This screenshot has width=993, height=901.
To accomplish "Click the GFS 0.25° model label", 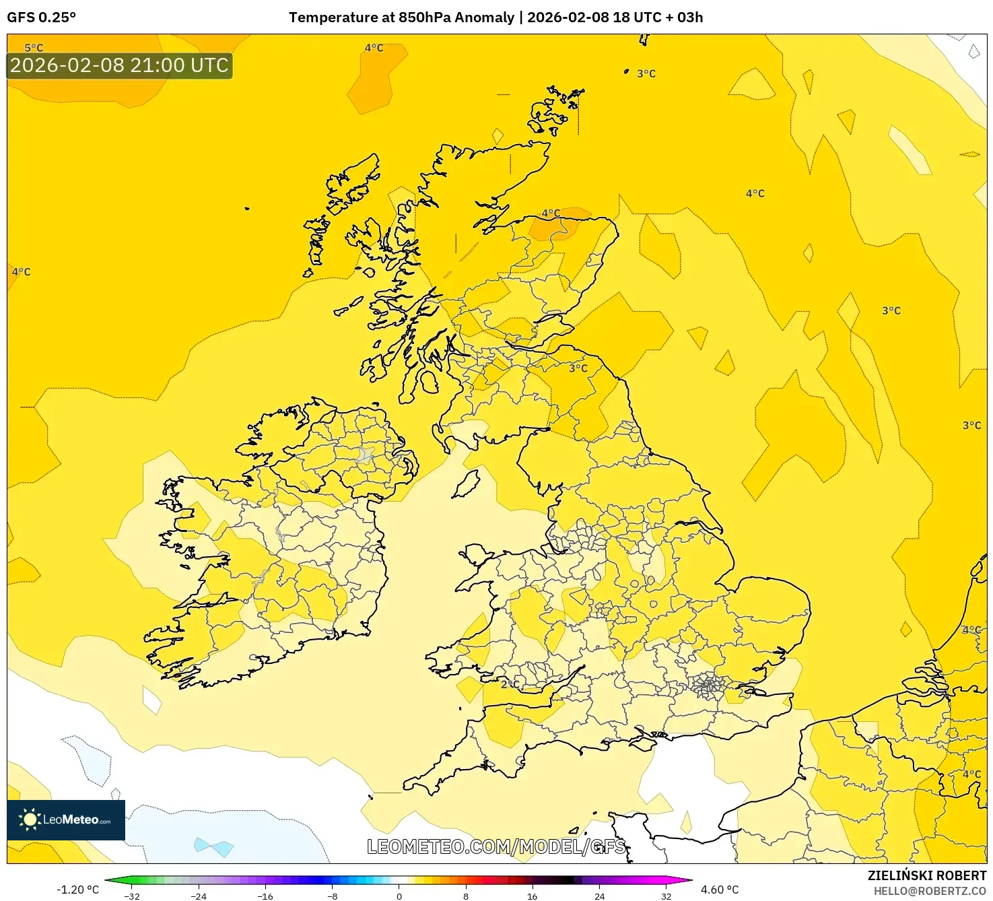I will (41, 18).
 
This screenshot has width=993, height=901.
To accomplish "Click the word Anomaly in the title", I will (485, 18).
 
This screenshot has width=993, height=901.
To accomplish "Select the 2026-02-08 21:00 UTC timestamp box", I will (119, 65).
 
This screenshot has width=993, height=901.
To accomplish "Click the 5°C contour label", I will (34, 48).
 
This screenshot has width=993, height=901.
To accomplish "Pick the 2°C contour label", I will (510, 684).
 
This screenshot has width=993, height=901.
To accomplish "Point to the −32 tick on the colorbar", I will (132, 896).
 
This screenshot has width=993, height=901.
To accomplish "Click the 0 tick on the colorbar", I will (399, 896).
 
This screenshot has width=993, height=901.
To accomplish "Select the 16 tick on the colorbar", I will (533, 896).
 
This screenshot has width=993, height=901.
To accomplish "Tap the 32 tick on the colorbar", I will (666, 896).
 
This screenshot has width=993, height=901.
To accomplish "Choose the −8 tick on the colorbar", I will (333, 896).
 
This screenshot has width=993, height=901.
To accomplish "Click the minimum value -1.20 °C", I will (77, 890).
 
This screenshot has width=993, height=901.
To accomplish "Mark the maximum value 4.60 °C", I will (720, 890).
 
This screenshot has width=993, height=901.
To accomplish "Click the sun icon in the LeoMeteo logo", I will (30, 820).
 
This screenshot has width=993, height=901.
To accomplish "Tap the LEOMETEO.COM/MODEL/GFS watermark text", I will (496, 846).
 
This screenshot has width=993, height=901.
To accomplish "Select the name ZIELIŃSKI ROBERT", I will (926, 875).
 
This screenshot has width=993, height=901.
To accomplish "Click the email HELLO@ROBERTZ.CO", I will (930, 891).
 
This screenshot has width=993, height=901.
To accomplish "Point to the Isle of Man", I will (467, 483).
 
